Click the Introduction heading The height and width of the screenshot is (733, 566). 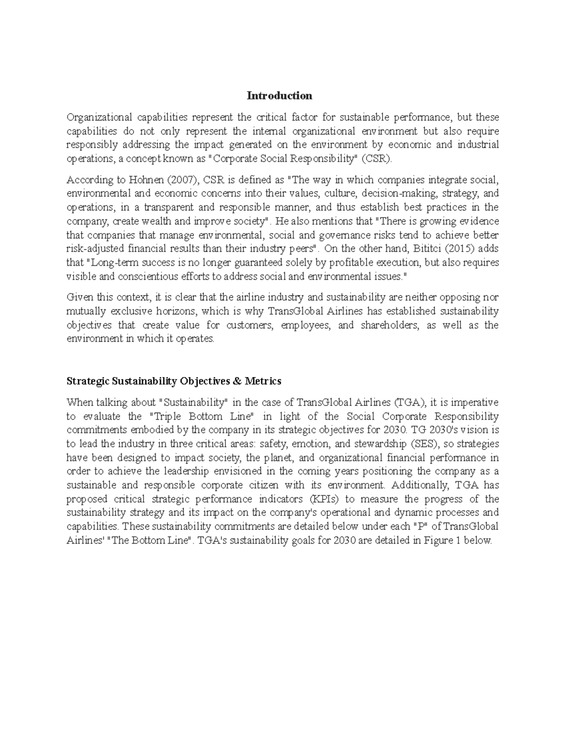pyautogui.click(x=279, y=96)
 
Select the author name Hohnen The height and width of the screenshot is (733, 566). pyautogui.click(x=135, y=180)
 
